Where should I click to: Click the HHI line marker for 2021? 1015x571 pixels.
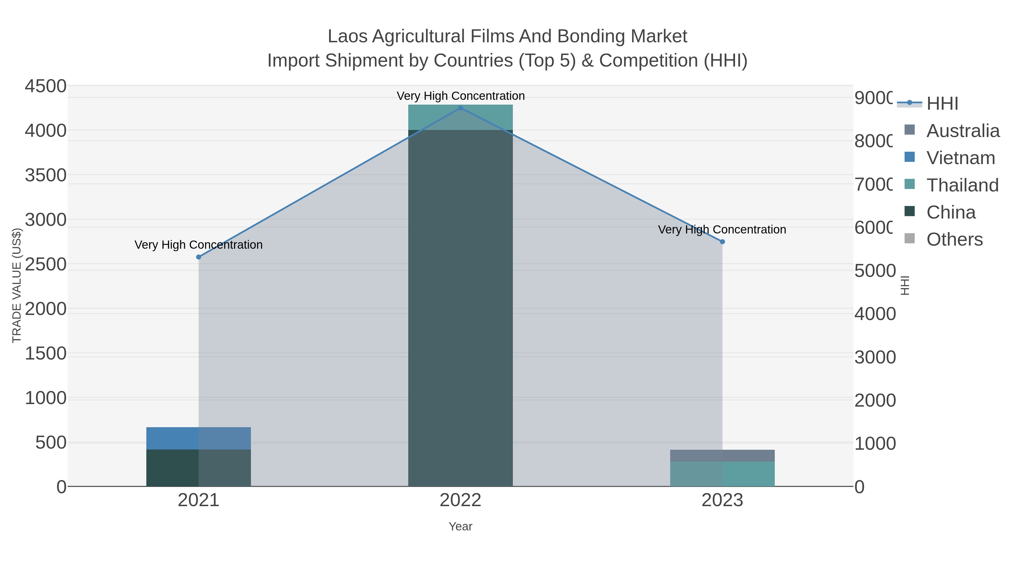198,257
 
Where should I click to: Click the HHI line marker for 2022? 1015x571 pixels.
460,108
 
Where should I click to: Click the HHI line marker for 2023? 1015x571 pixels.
722,242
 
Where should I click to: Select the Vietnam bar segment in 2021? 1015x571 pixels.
198,438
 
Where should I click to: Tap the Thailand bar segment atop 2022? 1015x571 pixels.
460,117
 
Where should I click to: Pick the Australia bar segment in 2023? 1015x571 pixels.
722,456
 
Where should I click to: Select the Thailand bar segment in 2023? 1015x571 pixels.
722,474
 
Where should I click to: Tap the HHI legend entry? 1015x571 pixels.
942,104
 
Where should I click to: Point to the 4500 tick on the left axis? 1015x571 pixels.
46,86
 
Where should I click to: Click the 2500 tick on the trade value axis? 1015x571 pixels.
46,264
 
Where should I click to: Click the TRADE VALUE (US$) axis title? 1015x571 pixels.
17,285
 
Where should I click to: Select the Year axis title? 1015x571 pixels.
460,526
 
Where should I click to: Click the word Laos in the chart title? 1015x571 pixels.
347,37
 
